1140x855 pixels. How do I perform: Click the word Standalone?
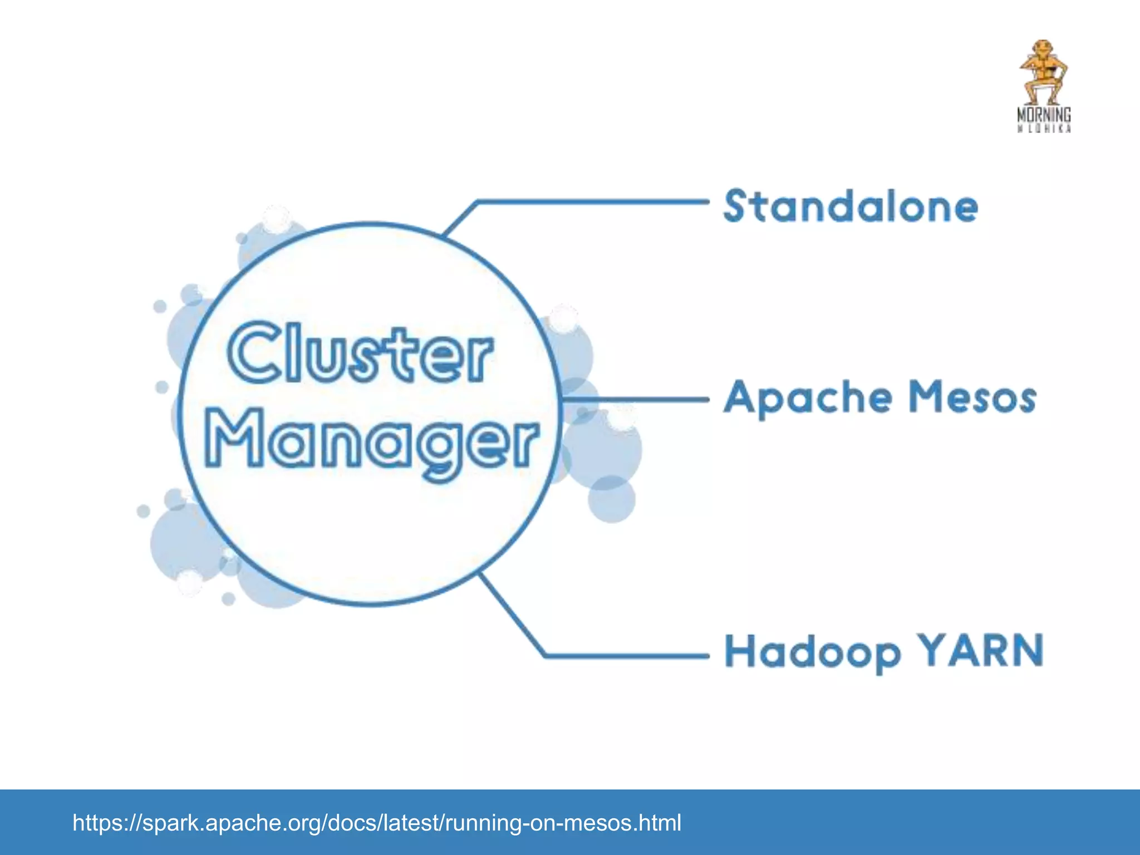coord(850,207)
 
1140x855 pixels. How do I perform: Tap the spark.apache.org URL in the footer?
coord(376,823)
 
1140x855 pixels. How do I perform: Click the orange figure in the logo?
coord(1044,72)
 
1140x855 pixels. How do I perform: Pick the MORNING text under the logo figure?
coord(1044,115)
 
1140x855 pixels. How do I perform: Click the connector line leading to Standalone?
coord(590,202)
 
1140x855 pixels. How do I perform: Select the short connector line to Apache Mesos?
coord(635,399)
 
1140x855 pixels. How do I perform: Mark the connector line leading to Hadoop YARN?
coord(623,656)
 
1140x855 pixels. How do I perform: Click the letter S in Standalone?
coord(735,206)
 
